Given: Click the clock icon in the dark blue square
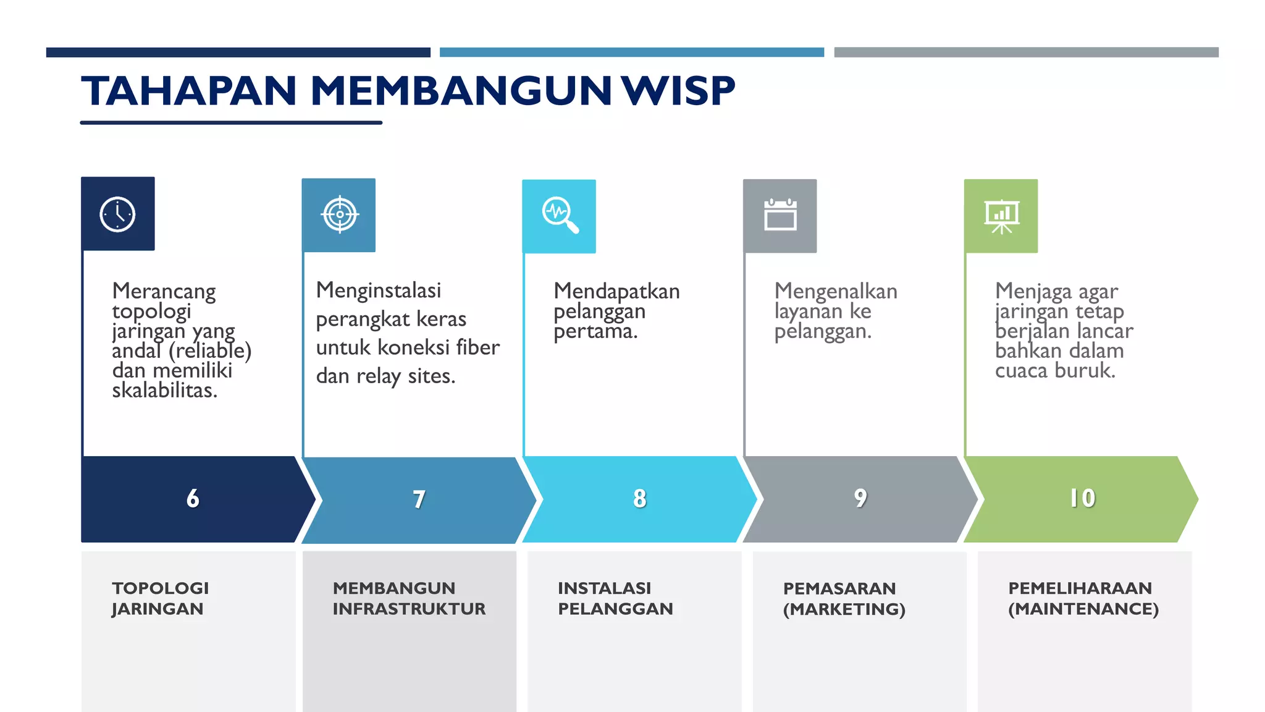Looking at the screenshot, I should coord(117,214).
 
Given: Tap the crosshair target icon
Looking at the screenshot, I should coord(339,214).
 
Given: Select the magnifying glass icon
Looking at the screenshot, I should coord(560,215).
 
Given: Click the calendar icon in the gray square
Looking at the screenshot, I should coord(780,215).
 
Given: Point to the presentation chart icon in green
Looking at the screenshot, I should coord(1001,216).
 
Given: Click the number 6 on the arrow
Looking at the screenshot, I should coord(193,498).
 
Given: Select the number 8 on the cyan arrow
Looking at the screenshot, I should coord(640,498).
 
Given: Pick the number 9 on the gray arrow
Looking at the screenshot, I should coord(860,498).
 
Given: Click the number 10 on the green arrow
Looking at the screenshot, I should coord(1082,498).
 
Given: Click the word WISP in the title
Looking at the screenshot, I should coord(678,91).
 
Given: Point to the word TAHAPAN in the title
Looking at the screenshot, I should coord(189,91).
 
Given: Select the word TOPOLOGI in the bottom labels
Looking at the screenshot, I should coord(161,588).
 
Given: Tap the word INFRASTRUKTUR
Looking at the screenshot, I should coord(409,609).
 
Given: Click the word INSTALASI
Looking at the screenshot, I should coord(604,588).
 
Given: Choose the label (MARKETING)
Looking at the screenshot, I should coord(844,609).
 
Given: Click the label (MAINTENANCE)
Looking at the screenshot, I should coord(1083,609).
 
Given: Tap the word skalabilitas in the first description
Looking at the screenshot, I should coord(164,390).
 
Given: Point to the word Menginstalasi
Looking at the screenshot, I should coord(379,290).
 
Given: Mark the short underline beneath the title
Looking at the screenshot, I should coord(231,123).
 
